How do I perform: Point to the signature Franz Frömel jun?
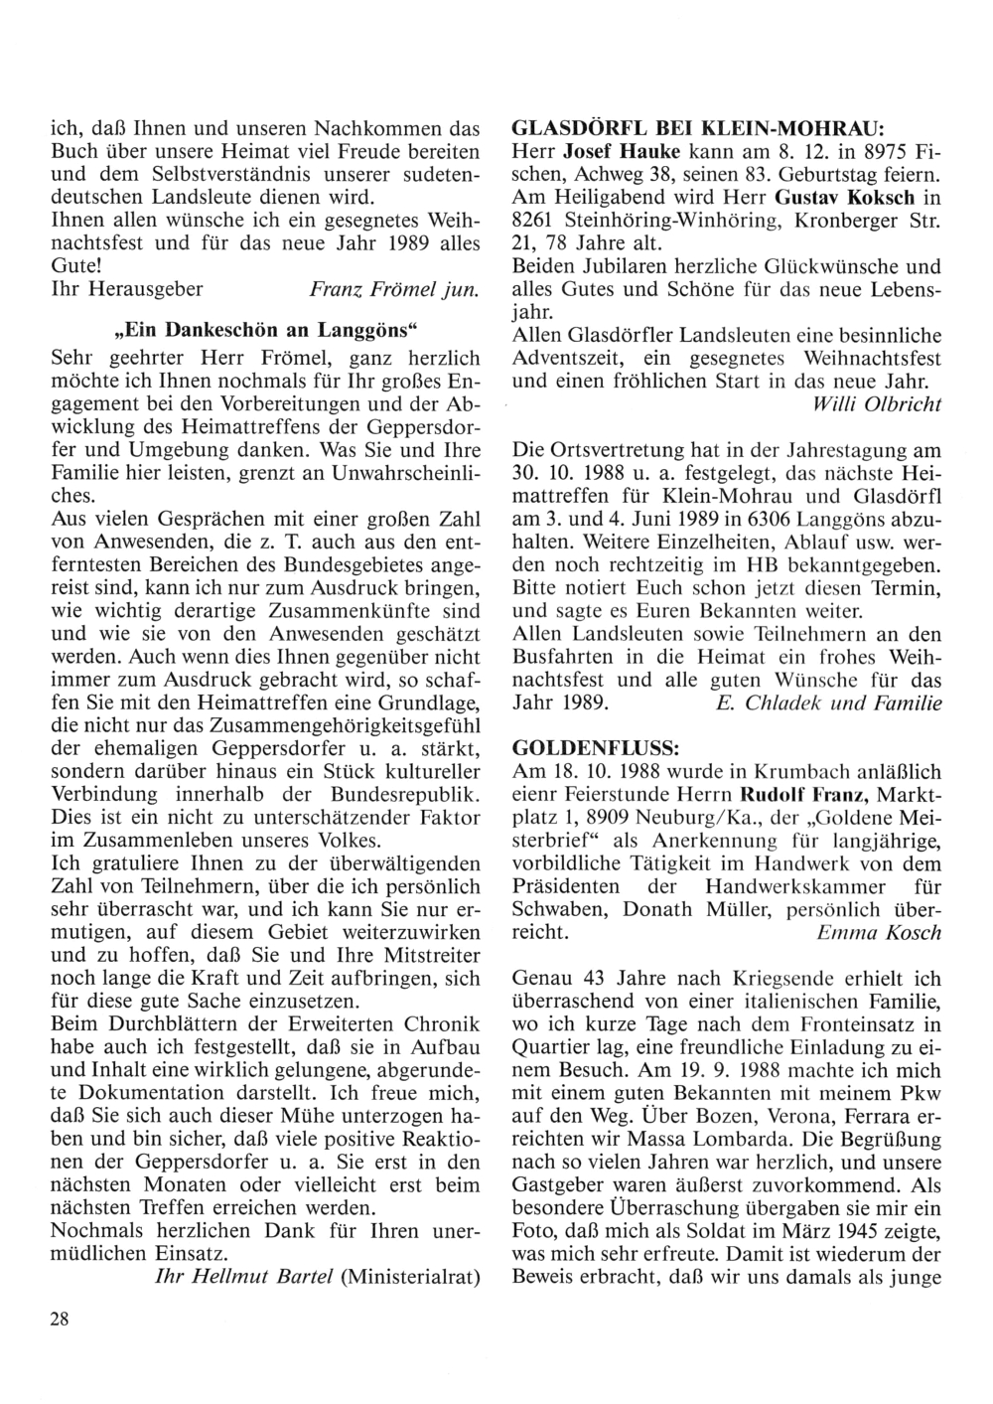click(x=396, y=290)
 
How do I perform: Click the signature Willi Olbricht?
click(x=876, y=404)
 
